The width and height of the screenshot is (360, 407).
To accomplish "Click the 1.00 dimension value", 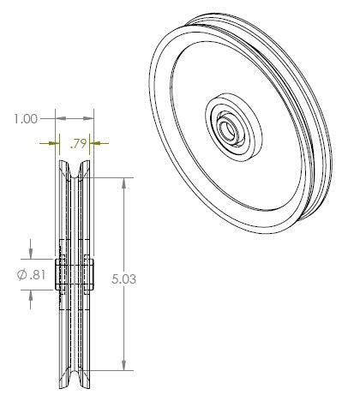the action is [26, 119].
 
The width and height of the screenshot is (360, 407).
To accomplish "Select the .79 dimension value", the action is [78, 144].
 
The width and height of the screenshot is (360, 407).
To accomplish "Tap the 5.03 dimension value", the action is [123, 279].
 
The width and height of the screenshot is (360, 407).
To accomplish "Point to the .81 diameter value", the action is [38, 275].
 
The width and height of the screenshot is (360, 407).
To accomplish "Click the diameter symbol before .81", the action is [22, 275].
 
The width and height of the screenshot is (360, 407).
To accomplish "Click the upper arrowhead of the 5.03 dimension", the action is [123, 183].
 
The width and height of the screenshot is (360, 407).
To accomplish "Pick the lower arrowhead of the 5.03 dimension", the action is [123, 365].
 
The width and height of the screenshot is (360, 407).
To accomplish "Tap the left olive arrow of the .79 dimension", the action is [49, 143].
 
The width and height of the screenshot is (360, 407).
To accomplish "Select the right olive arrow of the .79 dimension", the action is [99, 143].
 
